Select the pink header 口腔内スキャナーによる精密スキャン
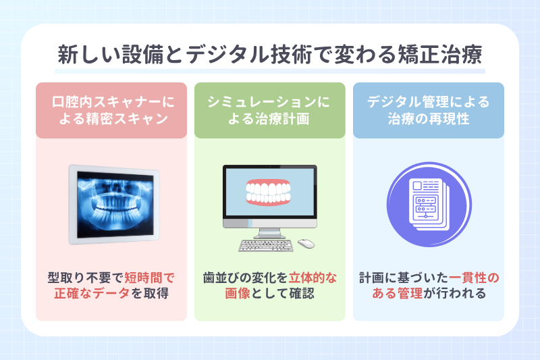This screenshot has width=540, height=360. pos(111,111)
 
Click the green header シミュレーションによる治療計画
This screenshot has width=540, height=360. pos(269,111)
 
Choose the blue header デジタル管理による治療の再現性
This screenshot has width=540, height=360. pos(428,111)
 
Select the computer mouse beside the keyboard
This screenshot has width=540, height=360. pos(306,244)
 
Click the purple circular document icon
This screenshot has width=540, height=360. pos(428,203)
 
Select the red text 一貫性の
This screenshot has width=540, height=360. pos(475,278)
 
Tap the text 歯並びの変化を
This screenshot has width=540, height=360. pos(246,278)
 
